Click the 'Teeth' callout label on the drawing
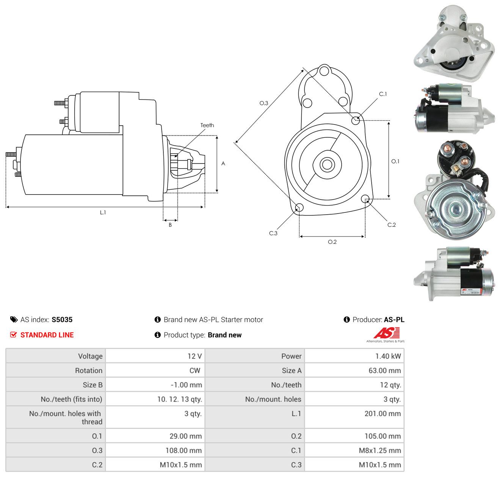click(x=207, y=125)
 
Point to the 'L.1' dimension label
click(x=103, y=212)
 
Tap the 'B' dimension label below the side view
click(x=170, y=225)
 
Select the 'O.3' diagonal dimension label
click(x=264, y=103)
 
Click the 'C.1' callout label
click(x=383, y=94)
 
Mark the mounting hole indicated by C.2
click(x=365, y=199)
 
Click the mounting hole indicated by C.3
click(x=299, y=208)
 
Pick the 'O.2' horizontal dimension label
click(x=332, y=242)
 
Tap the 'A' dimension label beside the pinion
click(x=223, y=163)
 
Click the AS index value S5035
click(x=62, y=320)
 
